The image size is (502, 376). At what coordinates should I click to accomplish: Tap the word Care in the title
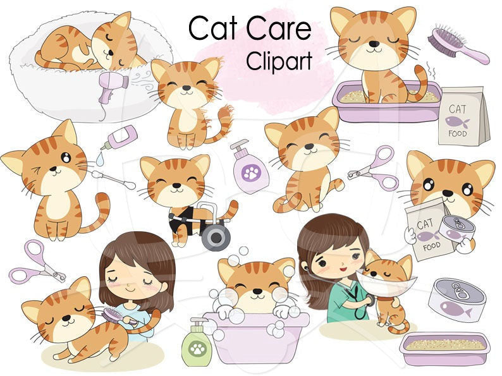(279, 28)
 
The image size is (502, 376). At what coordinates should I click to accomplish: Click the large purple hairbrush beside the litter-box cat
(458, 45)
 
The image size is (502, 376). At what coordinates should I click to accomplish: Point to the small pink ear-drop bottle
(120, 136)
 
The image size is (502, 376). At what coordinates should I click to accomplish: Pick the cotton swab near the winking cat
(114, 179)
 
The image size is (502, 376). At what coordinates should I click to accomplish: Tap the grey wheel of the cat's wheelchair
(216, 237)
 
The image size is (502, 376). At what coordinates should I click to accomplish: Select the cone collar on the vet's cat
(388, 281)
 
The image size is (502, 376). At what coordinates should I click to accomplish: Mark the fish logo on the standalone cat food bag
(457, 121)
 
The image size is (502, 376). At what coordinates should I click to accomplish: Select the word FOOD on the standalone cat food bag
(458, 133)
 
